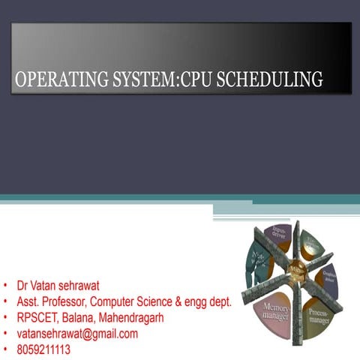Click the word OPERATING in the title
(x=58, y=79)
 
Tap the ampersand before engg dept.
(x=193, y=301)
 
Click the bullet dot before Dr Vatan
(x=6, y=286)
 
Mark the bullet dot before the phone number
(x=6, y=349)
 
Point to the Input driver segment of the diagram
(x=280, y=233)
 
